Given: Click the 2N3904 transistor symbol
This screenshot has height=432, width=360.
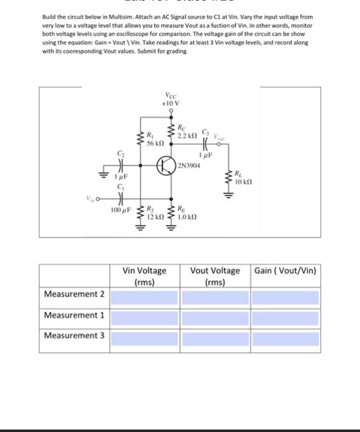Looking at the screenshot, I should [166, 165].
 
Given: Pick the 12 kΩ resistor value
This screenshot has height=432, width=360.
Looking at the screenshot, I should [154, 218].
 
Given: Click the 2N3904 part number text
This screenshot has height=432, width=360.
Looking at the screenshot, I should [189, 165].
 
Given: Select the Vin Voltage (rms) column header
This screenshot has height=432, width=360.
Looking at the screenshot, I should [144, 276].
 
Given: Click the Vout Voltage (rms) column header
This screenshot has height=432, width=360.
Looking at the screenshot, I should [215, 276].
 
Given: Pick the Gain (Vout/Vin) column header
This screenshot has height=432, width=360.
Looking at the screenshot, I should [285, 270].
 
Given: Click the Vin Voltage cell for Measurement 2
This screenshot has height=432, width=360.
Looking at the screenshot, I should [144, 296].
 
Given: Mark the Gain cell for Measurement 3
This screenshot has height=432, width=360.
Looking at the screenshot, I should [285, 338].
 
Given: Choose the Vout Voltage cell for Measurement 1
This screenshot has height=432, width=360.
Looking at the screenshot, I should [215, 317].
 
